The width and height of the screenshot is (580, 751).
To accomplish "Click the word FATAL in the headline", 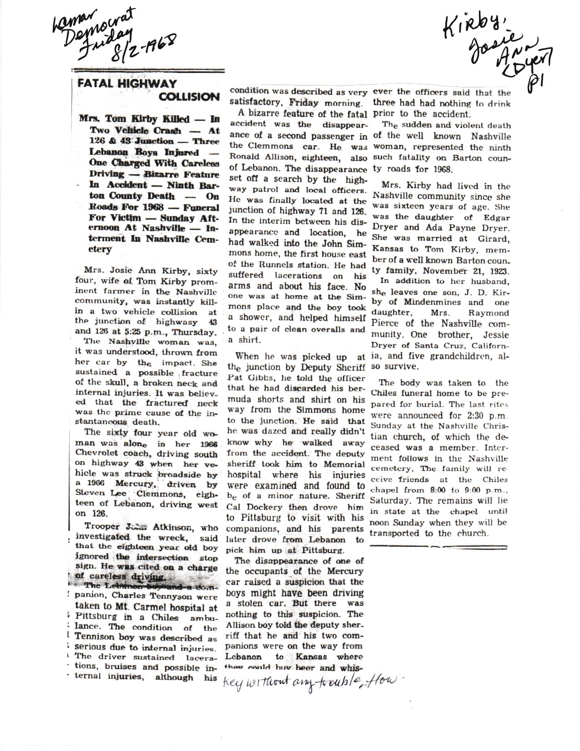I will click(95, 83).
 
